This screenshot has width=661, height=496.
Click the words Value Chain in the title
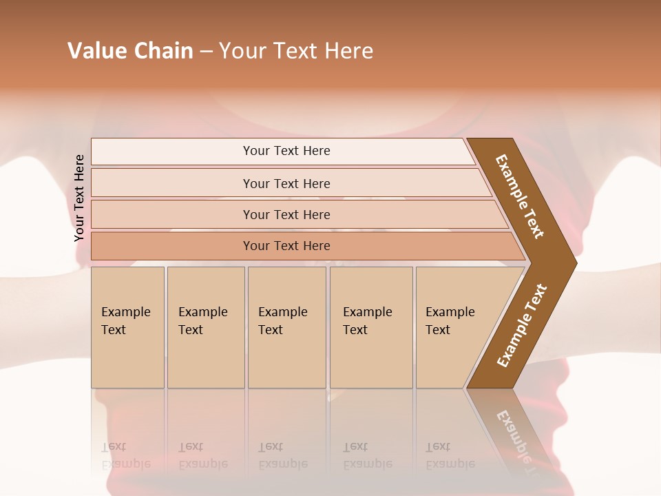(x=130, y=51)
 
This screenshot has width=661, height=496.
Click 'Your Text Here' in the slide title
(x=296, y=51)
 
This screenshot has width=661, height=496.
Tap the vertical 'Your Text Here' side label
(x=79, y=198)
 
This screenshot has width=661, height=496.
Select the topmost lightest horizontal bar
(x=172, y=152)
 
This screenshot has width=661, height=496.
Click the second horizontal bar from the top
(x=172, y=183)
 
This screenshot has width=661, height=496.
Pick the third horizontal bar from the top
(x=172, y=214)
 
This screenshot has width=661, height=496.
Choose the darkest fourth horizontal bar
(x=172, y=246)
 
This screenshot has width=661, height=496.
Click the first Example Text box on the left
(x=127, y=358)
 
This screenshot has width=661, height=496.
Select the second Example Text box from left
(x=206, y=358)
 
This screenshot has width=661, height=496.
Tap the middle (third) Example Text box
(x=286, y=358)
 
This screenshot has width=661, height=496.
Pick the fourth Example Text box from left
(x=371, y=358)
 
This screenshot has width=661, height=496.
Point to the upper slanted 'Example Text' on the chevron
(x=520, y=196)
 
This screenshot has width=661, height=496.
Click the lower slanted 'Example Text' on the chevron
(x=522, y=326)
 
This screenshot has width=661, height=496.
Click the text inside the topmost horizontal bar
(x=286, y=151)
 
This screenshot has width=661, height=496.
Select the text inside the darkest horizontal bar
(x=286, y=246)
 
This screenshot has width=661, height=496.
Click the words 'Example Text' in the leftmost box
(x=125, y=320)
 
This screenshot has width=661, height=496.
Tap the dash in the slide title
(x=206, y=52)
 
